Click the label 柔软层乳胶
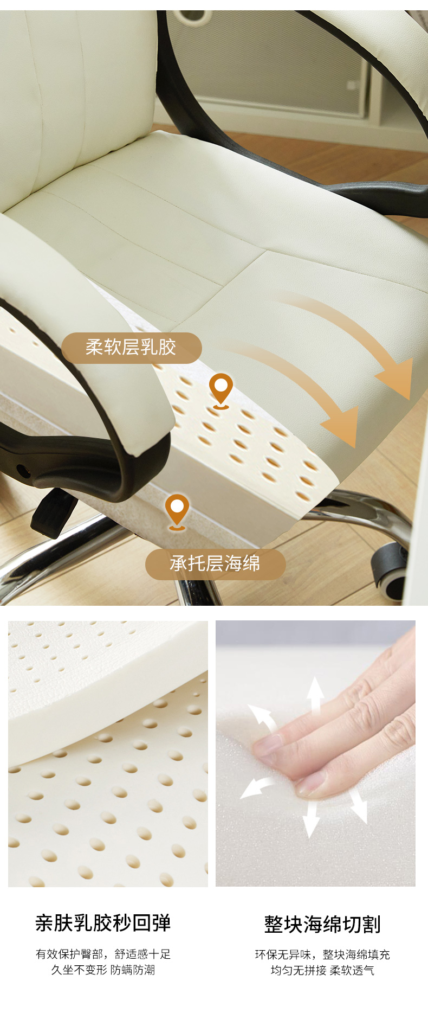tap(131, 348)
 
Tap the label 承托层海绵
tap(215, 564)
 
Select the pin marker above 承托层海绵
tap(177, 511)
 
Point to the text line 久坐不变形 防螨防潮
tap(103, 970)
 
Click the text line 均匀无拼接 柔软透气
tap(322, 970)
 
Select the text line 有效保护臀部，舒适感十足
tap(103, 954)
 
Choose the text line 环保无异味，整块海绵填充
tap(322, 954)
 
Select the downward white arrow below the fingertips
tap(310, 818)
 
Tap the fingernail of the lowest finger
tap(311, 782)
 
